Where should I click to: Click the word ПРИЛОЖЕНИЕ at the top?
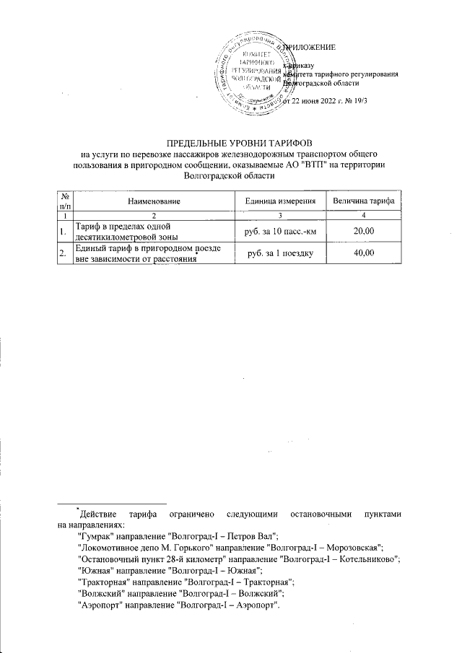click(x=312, y=48)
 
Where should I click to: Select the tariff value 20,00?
click(x=364, y=230)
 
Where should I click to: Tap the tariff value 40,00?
click(x=364, y=253)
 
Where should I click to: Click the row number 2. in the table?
click(x=63, y=253)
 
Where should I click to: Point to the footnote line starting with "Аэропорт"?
click(x=178, y=605)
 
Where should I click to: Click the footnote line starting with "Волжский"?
click(x=180, y=591)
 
